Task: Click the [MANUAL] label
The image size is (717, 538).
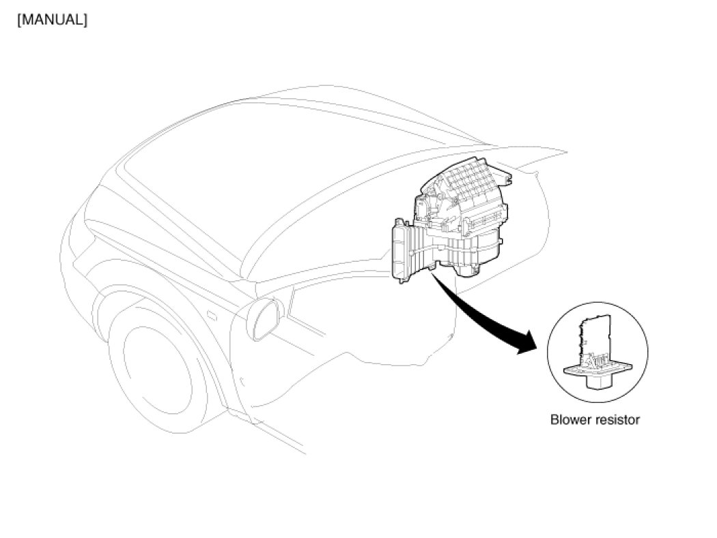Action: [52, 20]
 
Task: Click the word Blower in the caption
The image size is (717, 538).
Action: [570, 420]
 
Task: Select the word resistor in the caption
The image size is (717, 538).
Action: [617, 420]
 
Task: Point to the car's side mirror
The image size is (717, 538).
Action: [265, 318]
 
